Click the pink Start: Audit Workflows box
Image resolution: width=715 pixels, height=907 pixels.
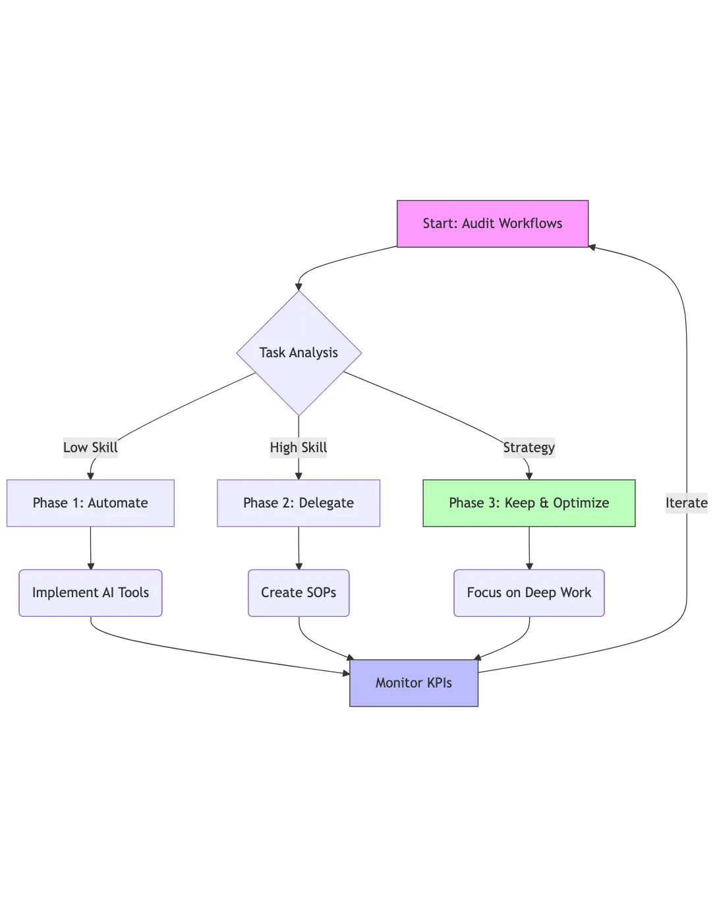click(x=492, y=223)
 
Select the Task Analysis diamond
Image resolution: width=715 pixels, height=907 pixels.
click(x=299, y=353)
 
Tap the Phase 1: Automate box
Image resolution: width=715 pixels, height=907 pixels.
click(x=90, y=503)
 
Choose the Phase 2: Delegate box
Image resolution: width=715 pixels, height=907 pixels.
click(x=299, y=503)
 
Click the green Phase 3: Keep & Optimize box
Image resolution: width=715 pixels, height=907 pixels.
click(x=529, y=503)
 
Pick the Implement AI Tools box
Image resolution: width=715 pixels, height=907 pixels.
click(x=90, y=593)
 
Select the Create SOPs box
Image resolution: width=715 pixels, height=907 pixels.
click(x=299, y=593)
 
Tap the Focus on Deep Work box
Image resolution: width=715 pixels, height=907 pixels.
click(x=529, y=593)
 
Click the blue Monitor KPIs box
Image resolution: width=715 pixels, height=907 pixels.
click(x=413, y=683)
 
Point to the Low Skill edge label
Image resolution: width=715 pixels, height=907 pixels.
click(x=90, y=448)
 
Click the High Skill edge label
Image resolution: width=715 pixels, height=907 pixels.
click(x=299, y=448)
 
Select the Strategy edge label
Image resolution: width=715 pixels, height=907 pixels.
click(x=529, y=448)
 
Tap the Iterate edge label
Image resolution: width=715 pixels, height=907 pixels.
click(x=686, y=503)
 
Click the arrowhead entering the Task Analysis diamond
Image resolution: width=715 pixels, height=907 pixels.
click(x=299, y=287)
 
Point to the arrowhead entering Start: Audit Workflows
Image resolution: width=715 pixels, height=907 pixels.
click(x=592, y=247)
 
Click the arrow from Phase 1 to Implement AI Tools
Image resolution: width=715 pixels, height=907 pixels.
click(x=90, y=548)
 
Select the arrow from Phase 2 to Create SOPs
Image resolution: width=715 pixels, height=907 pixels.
click(x=299, y=548)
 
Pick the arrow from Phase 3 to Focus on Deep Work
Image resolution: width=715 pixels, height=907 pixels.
click(x=529, y=548)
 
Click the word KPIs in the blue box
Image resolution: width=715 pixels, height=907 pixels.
click(x=438, y=683)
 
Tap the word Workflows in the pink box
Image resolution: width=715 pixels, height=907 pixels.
click(x=530, y=223)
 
